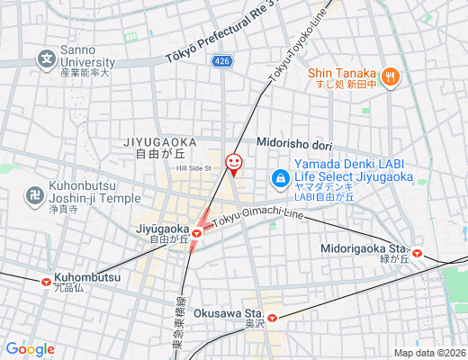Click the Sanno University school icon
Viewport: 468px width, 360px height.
(x=45, y=59)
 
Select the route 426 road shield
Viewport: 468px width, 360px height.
(x=221, y=60)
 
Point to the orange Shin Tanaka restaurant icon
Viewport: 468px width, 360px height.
(x=390, y=77)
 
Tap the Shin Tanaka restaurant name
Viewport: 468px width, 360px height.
(x=341, y=73)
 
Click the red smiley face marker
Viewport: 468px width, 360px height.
(x=233, y=163)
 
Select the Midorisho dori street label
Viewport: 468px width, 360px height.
(x=295, y=141)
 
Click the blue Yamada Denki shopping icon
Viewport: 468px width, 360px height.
(x=282, y=179)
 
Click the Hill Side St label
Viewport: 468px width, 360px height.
(x=193, y=167)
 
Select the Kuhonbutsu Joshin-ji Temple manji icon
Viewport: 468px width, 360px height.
(x=34, y=193)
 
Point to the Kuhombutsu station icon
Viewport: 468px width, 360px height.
(x=45, y=280)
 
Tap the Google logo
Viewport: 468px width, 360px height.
(x=30, y=349)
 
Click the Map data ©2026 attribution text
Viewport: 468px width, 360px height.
(x=428, y=353)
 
